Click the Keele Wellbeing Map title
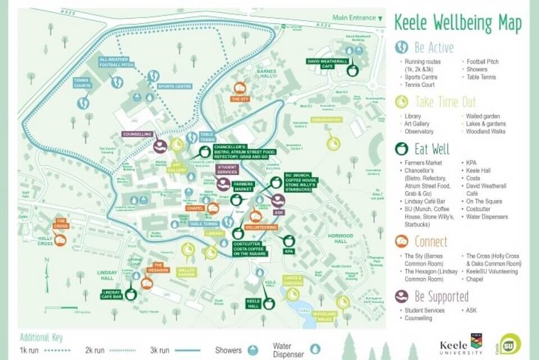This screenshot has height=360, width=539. click(458, 23)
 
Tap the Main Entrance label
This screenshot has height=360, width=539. click(354, 18)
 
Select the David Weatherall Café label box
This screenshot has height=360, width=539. click(328, 63)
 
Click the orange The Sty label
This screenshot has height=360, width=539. click(239, 100)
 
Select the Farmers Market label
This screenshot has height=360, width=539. click(244, 186)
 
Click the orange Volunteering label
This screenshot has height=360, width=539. click(261, 227)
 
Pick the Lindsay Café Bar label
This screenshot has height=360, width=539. click(112, 294)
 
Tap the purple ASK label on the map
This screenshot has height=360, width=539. click(278, 213)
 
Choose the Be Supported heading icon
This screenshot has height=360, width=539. click(401, 296)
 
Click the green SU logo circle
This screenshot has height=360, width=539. click(510, 343)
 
